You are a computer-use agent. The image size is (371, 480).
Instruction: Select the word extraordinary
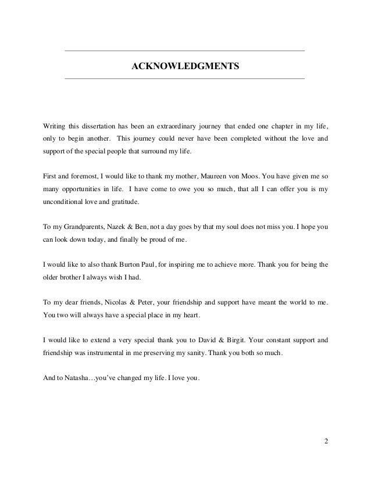pyautogui.click(x=174, y=126)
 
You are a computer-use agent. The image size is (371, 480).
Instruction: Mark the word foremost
pyautogui.click(x=84, y=175)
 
